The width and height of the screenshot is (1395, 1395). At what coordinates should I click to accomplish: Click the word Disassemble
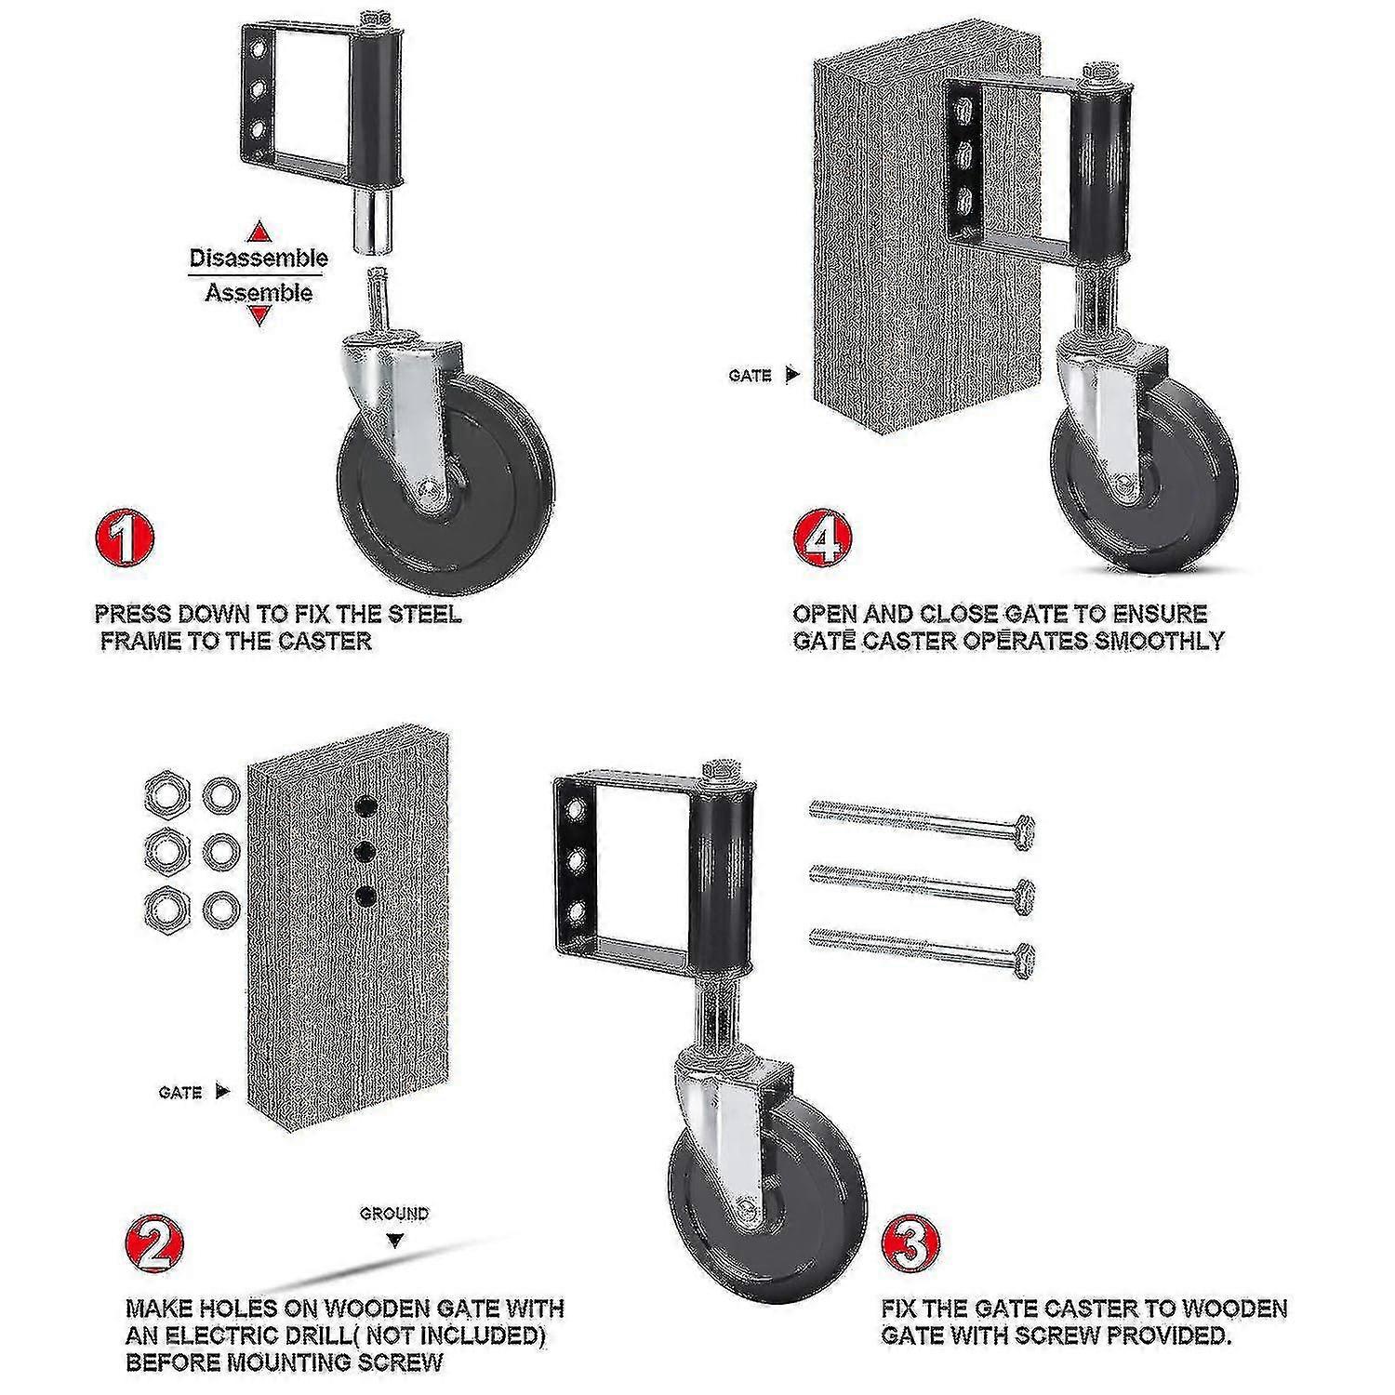point(259,258)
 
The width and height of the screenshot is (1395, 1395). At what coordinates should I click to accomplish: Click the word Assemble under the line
point(259,293)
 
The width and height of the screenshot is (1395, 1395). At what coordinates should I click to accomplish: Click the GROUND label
point(395,1214)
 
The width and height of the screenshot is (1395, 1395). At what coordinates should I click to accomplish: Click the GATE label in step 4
point(751,376)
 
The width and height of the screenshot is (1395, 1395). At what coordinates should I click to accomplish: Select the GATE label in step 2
point(180,1092)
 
